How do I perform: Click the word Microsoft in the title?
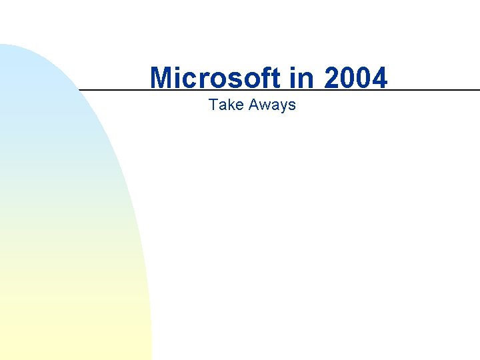[216, 78]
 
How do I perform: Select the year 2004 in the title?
[355, 78]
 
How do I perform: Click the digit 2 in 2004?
[331, 78]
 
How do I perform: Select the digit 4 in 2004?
[379, 78]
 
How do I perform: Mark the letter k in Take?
[227, 105]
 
